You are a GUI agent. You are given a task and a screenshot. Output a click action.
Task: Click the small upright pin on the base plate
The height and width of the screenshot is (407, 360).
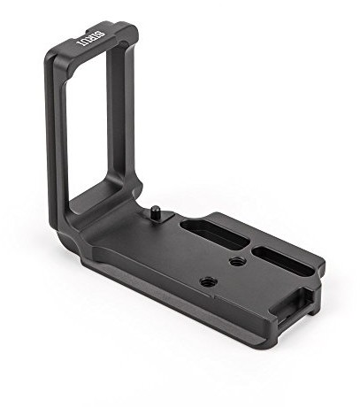156,211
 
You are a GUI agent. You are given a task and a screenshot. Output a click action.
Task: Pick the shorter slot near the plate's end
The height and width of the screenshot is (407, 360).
283,260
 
